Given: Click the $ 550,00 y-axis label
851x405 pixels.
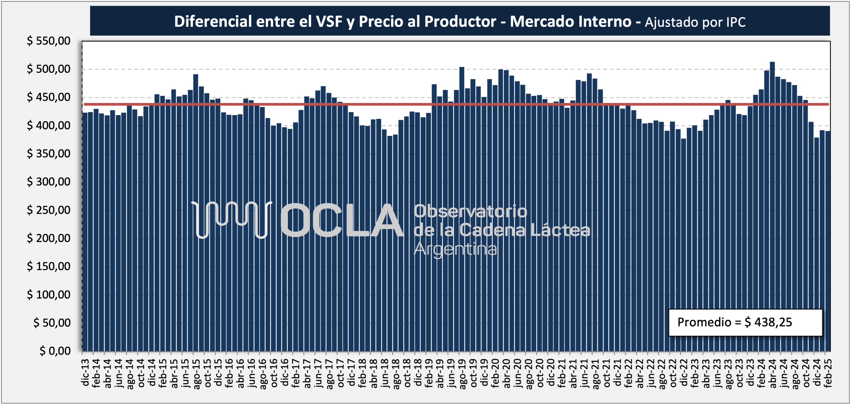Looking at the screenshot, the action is tap(48, 41).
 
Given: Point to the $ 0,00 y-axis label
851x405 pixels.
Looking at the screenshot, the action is tap(55, 351).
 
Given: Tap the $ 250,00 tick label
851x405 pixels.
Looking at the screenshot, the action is tap(48, 210).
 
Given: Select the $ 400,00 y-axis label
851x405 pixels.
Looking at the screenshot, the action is tap(48, 125).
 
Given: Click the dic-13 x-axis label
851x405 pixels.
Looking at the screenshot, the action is tap(85, 372).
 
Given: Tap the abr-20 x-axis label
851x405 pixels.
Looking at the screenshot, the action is tap(506, 373).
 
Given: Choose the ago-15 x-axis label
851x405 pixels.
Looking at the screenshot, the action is tap(196, 374).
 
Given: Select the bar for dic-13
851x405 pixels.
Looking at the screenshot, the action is tap(85, 232).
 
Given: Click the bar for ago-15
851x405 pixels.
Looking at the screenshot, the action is tap(196, 213).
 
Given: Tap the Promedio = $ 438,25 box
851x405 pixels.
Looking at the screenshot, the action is tap(745, 323).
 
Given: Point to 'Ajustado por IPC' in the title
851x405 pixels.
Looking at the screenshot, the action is tap(695, 22).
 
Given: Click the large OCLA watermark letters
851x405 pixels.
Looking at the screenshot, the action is tap(342, 220).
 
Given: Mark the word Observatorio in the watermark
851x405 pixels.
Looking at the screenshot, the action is tap(470, 211).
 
